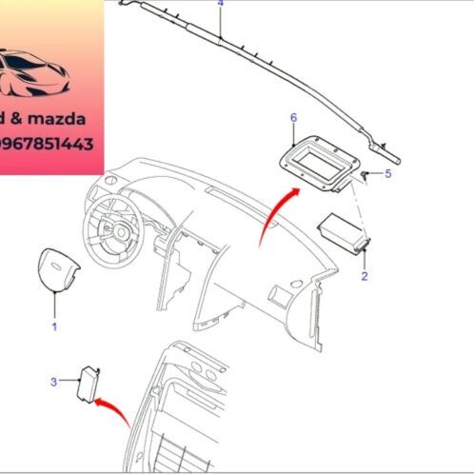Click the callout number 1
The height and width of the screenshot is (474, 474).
[x=54, y=326]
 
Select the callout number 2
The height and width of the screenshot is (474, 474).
[x=365, y=276]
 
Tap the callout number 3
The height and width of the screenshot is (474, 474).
[x=53, y=382]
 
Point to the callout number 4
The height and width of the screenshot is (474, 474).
[x=221, y=3]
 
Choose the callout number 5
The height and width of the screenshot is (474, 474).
[x=388, y=173]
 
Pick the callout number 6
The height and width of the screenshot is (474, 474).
[x=293, y=118]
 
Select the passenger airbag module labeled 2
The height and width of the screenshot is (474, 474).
[x=344, y=230]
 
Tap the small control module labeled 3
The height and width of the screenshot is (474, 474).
[x=89, y=385]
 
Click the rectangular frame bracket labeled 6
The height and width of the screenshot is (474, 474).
[x=319, y=164]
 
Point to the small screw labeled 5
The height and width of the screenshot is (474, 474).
[x=365, y=175]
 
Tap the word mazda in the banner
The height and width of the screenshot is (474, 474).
[x=56, y=119]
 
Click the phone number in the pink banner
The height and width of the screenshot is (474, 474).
[x=47, y=144]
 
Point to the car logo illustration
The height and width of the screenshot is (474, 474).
[x=33, y=73]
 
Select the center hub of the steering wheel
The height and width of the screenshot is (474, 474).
[x=120, y=232]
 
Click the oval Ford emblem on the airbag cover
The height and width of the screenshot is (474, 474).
[x=56, y=267]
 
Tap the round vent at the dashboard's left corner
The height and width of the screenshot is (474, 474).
[x=110, y=180]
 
